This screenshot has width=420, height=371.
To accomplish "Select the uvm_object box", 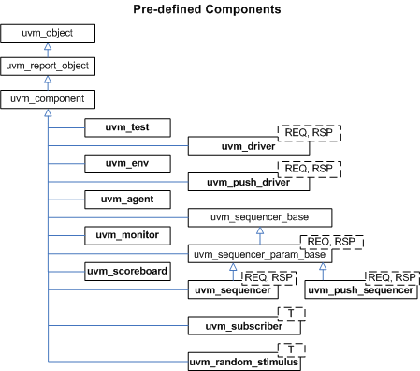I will (48, 34).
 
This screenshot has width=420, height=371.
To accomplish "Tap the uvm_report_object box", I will (48, 67).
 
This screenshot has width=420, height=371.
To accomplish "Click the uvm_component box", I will (48, 98).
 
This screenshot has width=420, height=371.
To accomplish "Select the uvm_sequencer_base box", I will (259, 217).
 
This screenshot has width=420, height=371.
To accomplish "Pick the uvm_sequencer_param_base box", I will (259, 254).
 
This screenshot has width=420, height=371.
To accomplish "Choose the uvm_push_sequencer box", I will (361, 290).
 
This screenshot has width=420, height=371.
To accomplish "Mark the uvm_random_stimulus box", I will (245, 362).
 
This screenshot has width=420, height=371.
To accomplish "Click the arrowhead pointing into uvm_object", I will (48, 47).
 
